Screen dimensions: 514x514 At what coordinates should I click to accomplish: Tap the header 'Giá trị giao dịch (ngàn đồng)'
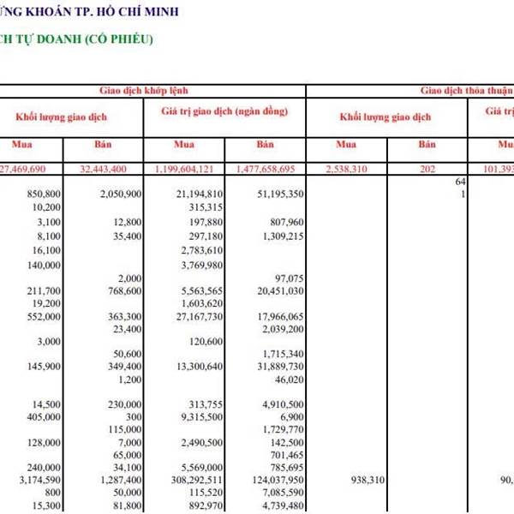224,112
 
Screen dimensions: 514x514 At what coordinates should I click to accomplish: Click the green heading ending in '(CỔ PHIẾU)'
82,39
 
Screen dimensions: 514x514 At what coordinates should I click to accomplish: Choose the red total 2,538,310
346,170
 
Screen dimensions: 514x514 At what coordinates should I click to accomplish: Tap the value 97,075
285,278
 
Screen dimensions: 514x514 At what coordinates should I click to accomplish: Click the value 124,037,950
270,481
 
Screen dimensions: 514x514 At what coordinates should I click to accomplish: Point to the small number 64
460,182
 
